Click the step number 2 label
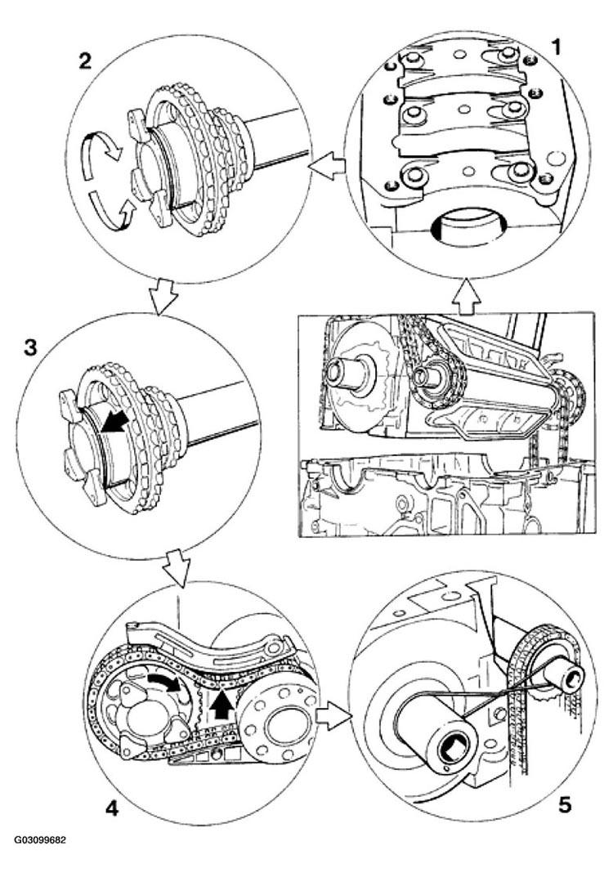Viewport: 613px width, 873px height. point(85,60)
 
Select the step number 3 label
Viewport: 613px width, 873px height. point(30,347)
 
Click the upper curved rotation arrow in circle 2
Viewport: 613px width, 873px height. point(103,147)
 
